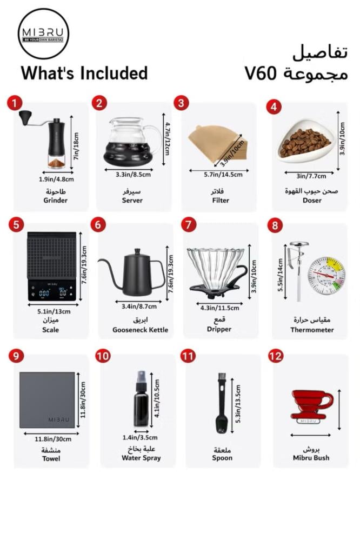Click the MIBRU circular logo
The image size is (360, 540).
43,34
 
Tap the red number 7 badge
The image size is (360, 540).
189,224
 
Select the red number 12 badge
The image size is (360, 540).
276,356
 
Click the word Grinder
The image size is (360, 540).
56,200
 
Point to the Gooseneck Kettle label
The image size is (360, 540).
140,330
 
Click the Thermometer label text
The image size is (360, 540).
312,330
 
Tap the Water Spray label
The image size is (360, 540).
141,458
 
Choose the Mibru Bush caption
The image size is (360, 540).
311,458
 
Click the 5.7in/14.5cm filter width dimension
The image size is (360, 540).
223,175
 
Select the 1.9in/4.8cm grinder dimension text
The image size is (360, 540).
56,179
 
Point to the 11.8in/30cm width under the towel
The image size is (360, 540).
53,439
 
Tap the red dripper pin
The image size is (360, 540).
312,406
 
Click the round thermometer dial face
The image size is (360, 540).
326,276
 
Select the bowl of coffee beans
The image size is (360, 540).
305,141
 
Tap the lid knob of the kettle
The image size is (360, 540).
137,251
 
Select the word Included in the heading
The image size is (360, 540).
114,74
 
